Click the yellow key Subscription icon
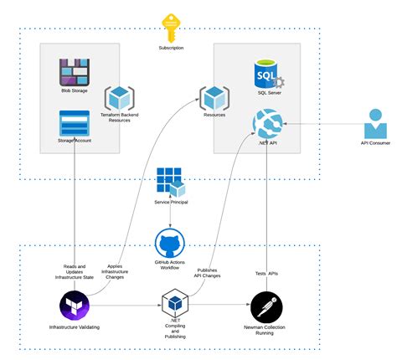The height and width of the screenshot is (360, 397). tap(173, 28)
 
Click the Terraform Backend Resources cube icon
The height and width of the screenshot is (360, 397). tap(117, 97)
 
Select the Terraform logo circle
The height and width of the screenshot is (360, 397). tap(75, 306)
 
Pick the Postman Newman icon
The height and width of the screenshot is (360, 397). tap(266, 306)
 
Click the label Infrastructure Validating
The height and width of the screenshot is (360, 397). tap(75, 327)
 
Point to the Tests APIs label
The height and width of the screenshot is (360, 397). tap(266, 274)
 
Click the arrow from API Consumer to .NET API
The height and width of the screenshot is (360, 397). tap(318, 126)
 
